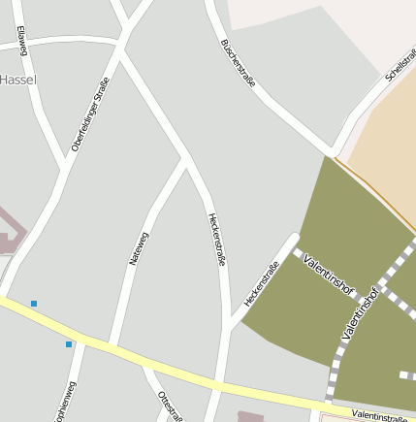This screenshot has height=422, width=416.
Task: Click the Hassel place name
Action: tap(17, 80)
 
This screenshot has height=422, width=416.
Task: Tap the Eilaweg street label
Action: tap(21, 40)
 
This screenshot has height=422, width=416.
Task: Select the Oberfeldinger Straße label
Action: tap(90, 114)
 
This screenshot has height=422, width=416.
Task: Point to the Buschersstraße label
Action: tap(238, 63)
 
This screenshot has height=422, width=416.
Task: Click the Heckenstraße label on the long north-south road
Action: tap(216, 239)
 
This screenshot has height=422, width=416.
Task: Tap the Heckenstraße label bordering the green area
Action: tap(261, 284)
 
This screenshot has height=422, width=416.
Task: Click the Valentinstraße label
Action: tap(379, 415)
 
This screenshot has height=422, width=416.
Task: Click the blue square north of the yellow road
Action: tap(34, 304)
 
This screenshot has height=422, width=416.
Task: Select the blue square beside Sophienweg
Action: tap(69, 344)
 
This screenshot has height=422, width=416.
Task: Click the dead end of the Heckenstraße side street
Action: tap(294, 236)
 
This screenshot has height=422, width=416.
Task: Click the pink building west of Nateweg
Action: tap(8, 230)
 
